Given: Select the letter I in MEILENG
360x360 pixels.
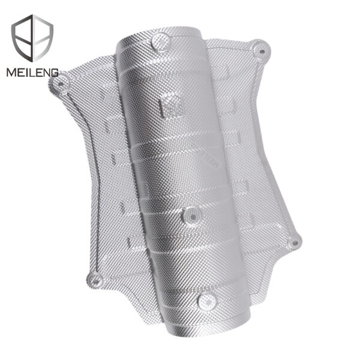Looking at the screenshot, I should point(29,73).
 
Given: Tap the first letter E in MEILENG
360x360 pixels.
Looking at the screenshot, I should point(21,73).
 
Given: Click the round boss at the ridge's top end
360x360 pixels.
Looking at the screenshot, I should point(161,41).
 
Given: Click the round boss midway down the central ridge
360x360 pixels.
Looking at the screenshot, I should point(191,214).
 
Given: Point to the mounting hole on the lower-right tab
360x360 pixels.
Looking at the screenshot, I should point(294,242).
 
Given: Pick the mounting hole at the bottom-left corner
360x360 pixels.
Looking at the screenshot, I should point(95,279).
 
